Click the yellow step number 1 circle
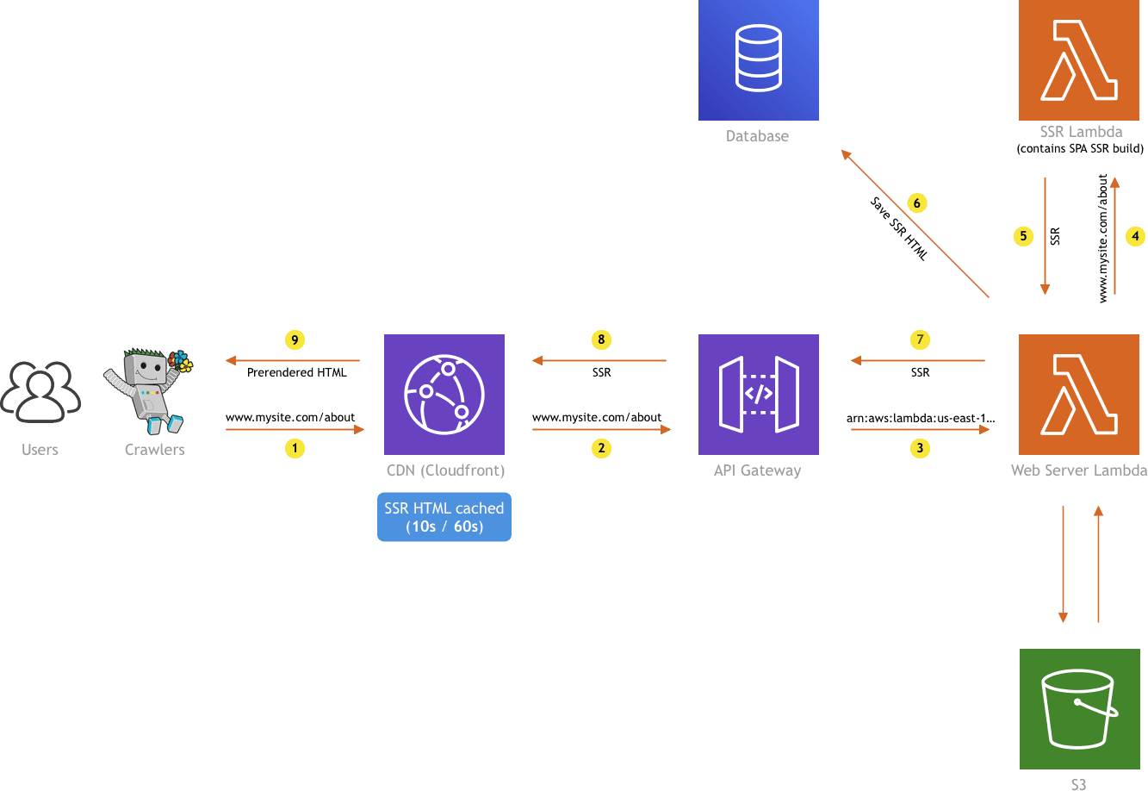(295, 448)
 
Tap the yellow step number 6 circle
(916, 203)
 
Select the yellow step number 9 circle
(295, 340)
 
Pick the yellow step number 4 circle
(1135, 235)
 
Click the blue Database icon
(758, 59)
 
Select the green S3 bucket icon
(1078, 709)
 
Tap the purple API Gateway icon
(758, 394)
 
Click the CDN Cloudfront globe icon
(444, 394)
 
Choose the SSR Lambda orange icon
(1078, 59)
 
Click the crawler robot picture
(148, 390)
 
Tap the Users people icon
(40, 393)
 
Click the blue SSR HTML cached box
(444, 517)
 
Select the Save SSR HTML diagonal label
(897, 229)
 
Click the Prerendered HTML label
(296, 373)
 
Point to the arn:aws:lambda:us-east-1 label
(921, 418)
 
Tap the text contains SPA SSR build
(1080, 149)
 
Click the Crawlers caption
(154, 450)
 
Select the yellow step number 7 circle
(920, 340)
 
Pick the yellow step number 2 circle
(601, 448)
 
